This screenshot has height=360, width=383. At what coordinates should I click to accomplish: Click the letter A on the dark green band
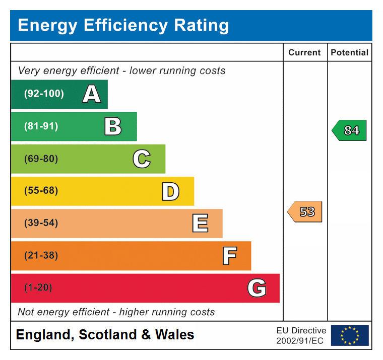pyautogui.click(x=91, y=94)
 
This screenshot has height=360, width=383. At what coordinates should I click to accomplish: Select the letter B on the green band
pyautogui.click(x=113, y=126)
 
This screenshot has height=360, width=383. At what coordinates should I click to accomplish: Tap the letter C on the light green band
pyautogui.click(x=142, y=159)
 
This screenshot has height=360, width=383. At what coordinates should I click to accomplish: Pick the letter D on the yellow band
pyautogui.click(x=170, y=191)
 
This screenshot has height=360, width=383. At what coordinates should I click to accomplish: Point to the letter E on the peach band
pyautogui.click(x=200, y=223)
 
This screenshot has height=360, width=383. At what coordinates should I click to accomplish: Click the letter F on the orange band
pyautogui.click(x=229, y=256)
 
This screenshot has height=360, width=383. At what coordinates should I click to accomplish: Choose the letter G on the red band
pyautogui.click(x=257, y=288)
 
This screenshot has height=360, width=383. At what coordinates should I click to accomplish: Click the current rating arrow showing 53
pyautogui.click(x=305, y=212)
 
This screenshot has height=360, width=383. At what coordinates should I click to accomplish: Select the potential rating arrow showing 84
pyautogui.click(x=349, y=130)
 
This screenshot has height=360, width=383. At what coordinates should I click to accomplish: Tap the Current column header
pyautogui.click(x=304, y=52)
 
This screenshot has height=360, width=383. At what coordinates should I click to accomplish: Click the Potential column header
pyautogui.click(x=349, y=52)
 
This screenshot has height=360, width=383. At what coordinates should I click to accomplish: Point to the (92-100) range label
pyautogui.click(x=44, y=94)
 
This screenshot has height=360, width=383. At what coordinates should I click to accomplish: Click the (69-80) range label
pyautogui.click(x=41, y=159)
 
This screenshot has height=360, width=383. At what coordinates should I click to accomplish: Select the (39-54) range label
pyautogui.click(x=41, y=223)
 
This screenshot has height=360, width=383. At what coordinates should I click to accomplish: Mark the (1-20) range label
pyautogui.click(x=38, y=288)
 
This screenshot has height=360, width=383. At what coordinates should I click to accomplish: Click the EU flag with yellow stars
pyautogui.click(x=350, y=335)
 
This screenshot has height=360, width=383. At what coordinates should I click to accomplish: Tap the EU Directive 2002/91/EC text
pyautogui.click(x=301, y=335)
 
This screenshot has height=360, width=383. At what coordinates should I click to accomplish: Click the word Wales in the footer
pyautogui.click(x=174, y=335)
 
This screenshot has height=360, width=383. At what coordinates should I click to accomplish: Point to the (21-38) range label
pyautogui.click(x=41, y=256)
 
